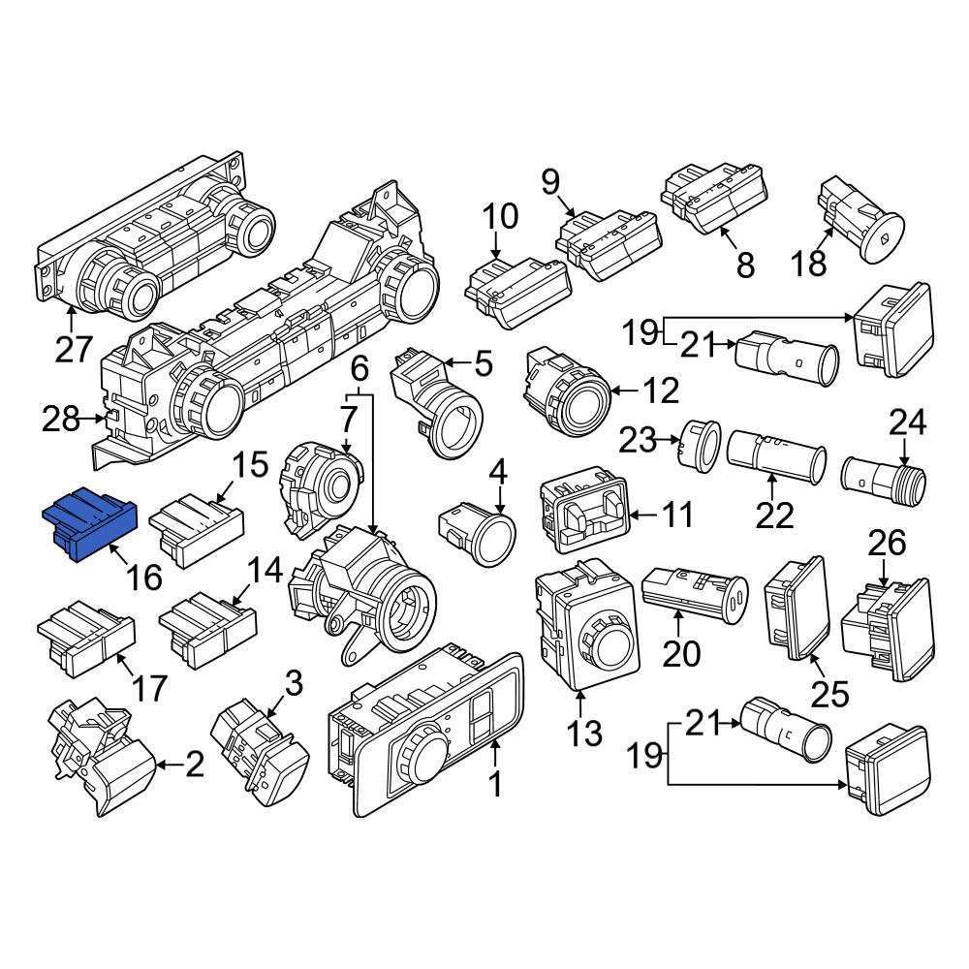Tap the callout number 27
(x=74, y=349)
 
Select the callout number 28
(x=60, y=419)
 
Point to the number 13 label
(x=584, y=733)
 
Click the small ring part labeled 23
(x=700, y=443)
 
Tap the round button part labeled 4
(x=477, y=532)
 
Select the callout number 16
(x=144, y=578)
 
